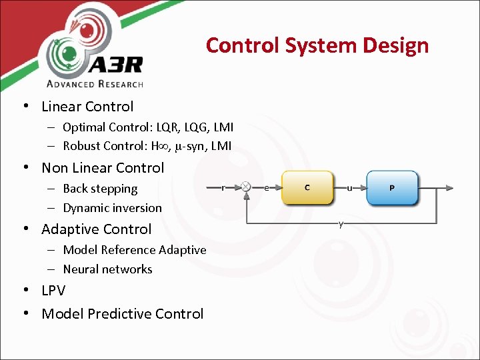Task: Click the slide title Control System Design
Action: [317, 45]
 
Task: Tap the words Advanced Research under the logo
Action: [95, 83]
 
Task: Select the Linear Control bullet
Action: [87, 107]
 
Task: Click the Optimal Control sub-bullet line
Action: [148, 127]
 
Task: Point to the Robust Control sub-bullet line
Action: [147, 145]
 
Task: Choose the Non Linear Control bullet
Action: [103, 168]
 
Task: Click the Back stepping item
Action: [100, 189]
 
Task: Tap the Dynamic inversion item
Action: [112, 208]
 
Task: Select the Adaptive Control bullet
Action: [97, 229]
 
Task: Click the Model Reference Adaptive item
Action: [135, 250]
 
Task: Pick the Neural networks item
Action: [107, 269]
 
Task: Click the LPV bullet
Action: [53, 291]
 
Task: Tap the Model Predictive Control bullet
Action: [123, 314]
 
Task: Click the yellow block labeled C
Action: [307, 188]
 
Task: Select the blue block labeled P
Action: [391, 188]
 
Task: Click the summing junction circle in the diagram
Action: [246, 187]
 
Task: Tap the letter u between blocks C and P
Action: [349, 187]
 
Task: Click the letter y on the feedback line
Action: [341, 224]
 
